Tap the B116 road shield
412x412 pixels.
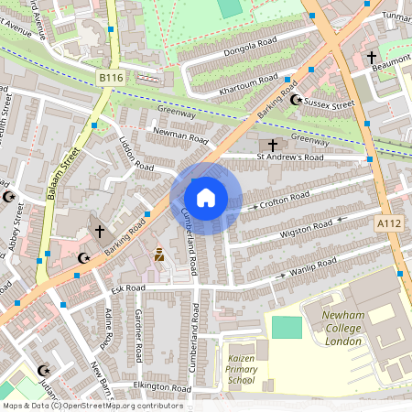(110, 80)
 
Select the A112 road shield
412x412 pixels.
(388, 222)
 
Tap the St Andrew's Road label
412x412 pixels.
(289, 157)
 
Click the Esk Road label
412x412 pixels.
(128, 287)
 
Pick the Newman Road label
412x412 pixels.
(181, 136)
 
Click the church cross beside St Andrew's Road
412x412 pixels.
(271, 145)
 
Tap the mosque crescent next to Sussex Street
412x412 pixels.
(295, 99)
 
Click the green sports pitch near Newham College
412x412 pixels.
(287, 327)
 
